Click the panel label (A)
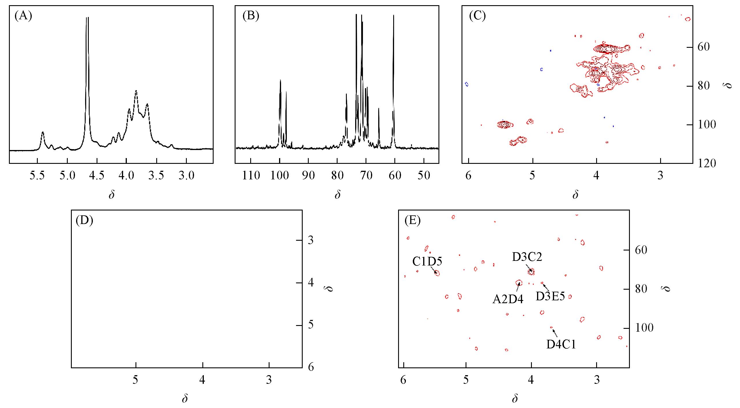(x=23, y=16)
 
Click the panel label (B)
(x=251, y=16)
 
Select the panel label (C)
(x=477, y=16)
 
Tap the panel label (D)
(x=84, y=221)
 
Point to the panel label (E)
(x=413, y=221)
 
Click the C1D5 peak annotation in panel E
(x=427, y=262)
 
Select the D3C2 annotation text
(x=527, y=257)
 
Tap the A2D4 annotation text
(x=508, y=300)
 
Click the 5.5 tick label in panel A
(x=37, y=175)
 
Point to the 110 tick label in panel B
(x=251, y=175)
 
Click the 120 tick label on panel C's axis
(x=707, y=164)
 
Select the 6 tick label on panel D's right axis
(x=311, y=367)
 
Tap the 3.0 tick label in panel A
(x=186, y=175)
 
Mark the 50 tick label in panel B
(x=424, y=175)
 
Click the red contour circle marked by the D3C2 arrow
(x=531, y=271)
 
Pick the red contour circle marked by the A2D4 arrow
(x=519, y=283)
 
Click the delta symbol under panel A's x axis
(x=112, y=195)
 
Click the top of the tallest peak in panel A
(x=87, y=18)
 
